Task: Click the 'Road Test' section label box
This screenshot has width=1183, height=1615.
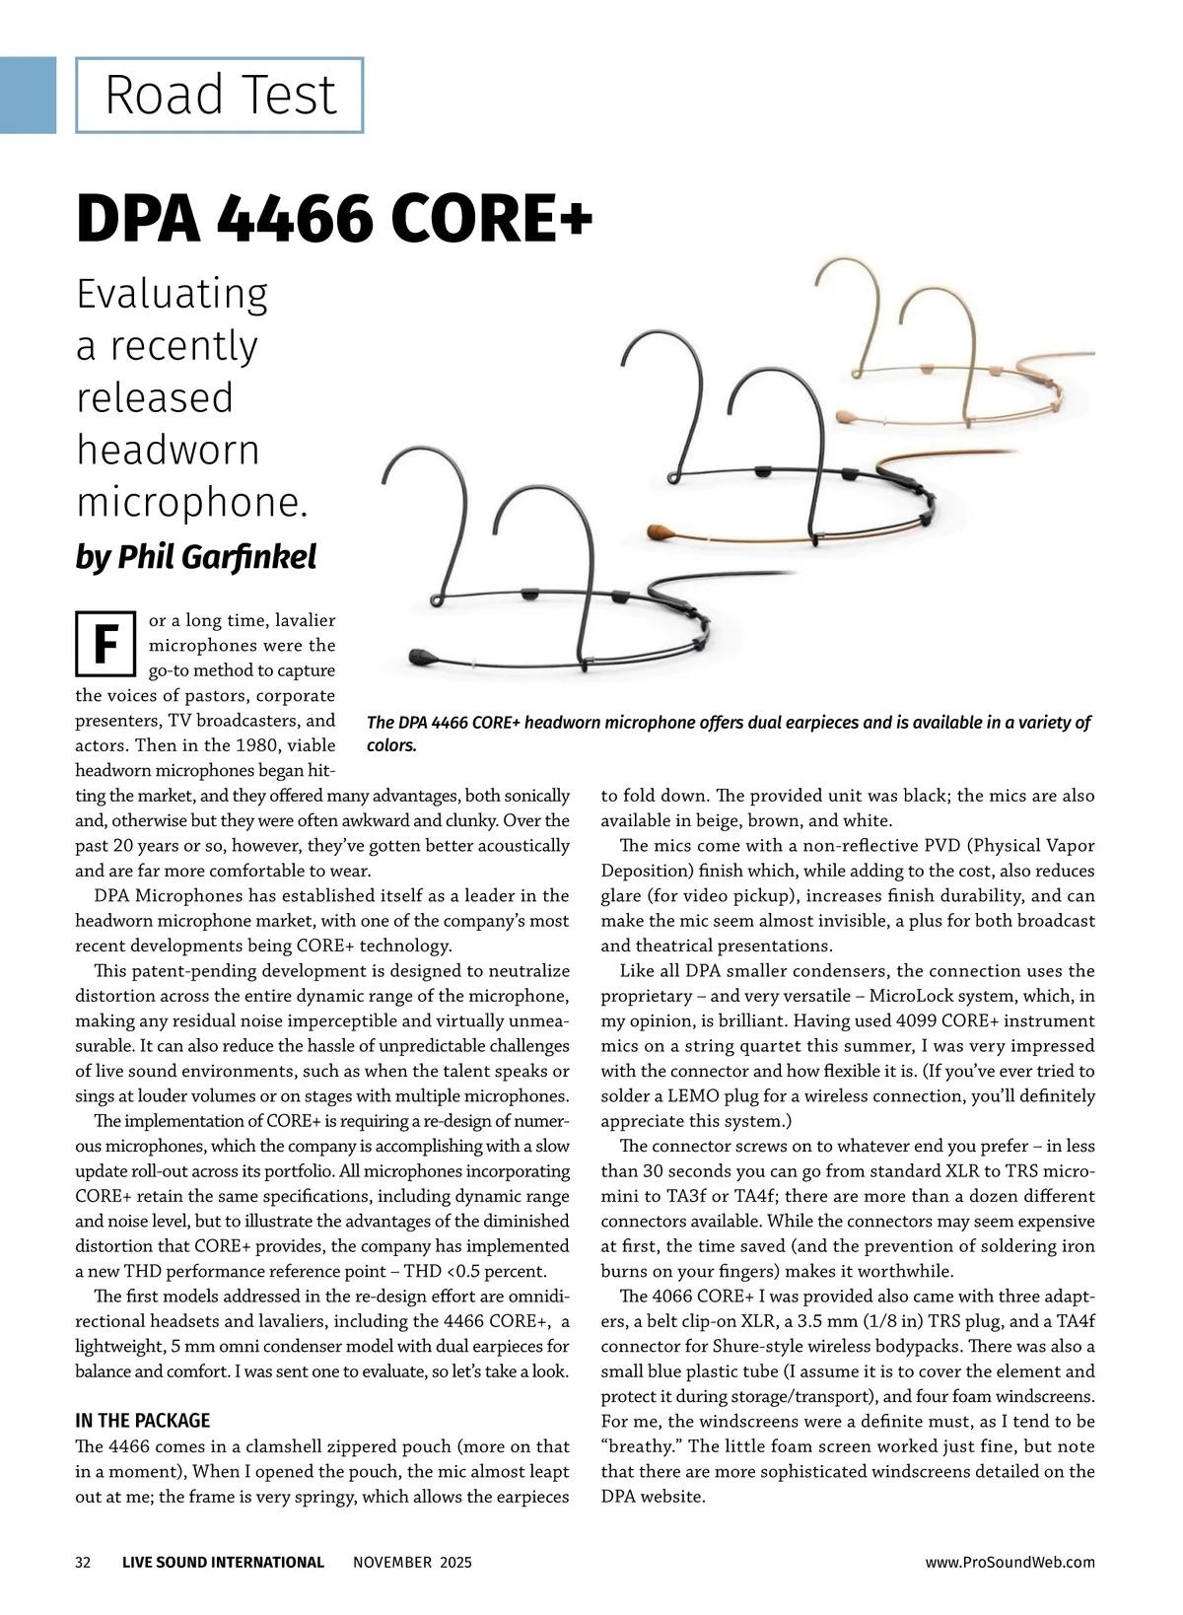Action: pyautogui.click(x=220, y=96)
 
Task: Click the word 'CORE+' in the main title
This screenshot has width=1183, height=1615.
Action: pyautogui.click(x=492, y=218)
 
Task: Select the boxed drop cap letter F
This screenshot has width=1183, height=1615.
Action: pyautogui.click(x=104, y=645)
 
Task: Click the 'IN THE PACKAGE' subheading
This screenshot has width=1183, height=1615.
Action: pyautogui.click(x=143, y=1421)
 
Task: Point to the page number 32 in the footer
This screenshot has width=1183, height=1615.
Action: pyautogui.click(x=83, y=1562)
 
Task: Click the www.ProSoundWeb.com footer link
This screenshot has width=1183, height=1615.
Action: pyautogui.click(x=1009, y=1562)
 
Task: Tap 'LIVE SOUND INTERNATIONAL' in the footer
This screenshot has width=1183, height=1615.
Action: pyautogui.click(x=223, y=1562)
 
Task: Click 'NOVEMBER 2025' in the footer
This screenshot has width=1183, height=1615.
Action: pyautogui.click(x=412, y=1562)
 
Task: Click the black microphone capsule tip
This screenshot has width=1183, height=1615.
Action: pyautogui.click(x=422, y=656)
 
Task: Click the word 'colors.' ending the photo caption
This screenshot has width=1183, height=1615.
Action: pyautogui.click(x=391, y=745)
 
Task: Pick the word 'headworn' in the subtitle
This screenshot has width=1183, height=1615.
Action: pyautogui.click(x=168, y=450)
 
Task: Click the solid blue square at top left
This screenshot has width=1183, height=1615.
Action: pyautogui.click(x=28, y=95)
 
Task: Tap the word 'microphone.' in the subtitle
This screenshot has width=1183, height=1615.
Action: pyautogui.click(x=192, y=502)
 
